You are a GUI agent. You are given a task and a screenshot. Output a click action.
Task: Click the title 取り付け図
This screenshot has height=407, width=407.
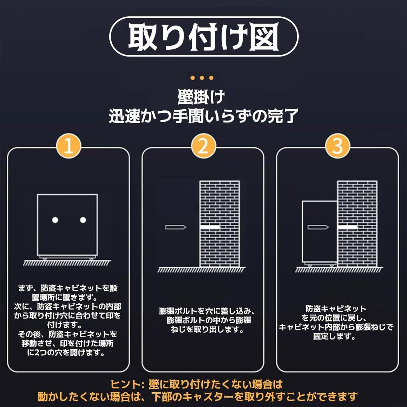coord(203,37)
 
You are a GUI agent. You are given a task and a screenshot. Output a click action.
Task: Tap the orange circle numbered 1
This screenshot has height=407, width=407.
coord(68,146)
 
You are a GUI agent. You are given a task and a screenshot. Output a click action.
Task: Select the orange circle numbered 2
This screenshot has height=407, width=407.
coord(203,146)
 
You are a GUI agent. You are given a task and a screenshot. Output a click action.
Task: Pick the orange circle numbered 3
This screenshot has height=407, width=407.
coord(338,146)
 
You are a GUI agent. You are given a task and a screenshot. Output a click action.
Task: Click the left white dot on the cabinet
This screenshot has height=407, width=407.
coord(55,220)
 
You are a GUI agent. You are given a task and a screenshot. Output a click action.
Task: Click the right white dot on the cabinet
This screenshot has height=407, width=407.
coord(83,220)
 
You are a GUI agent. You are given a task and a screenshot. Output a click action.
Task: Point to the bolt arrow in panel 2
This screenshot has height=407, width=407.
coord(176,227)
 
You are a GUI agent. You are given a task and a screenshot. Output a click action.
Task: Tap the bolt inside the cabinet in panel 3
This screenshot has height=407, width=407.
coord(318,227)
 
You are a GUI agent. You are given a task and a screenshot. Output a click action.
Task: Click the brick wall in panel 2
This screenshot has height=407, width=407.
coord(219,203)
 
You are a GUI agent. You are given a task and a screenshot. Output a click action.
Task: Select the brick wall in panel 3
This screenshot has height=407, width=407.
coord(357,203)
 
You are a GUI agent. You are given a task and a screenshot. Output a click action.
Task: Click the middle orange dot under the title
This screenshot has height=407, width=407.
coord(202,78)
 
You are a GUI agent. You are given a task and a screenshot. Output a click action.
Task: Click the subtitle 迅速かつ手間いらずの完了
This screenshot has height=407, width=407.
coord(203,116)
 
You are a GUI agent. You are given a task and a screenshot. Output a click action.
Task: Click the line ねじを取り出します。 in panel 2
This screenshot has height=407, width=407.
coord(206,330)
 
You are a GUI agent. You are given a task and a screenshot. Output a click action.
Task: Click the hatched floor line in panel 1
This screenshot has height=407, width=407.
coord(68,262)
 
